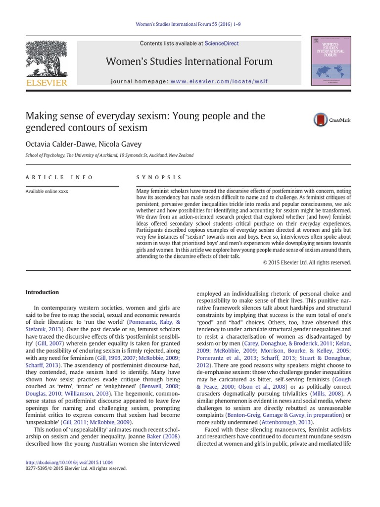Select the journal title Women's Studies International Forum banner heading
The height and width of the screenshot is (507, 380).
point(189,61)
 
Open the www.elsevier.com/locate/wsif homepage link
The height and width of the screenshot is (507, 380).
point(219,81)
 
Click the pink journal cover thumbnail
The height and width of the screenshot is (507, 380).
point(331,60)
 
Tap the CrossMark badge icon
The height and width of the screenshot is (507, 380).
point(321,120)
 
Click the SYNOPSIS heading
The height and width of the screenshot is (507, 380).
point(159,177)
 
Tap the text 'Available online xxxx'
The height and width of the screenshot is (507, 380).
point(47,191)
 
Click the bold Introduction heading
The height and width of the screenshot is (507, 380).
point(42,292)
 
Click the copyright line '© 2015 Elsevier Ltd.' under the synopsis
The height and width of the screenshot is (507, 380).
point(307,263)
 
